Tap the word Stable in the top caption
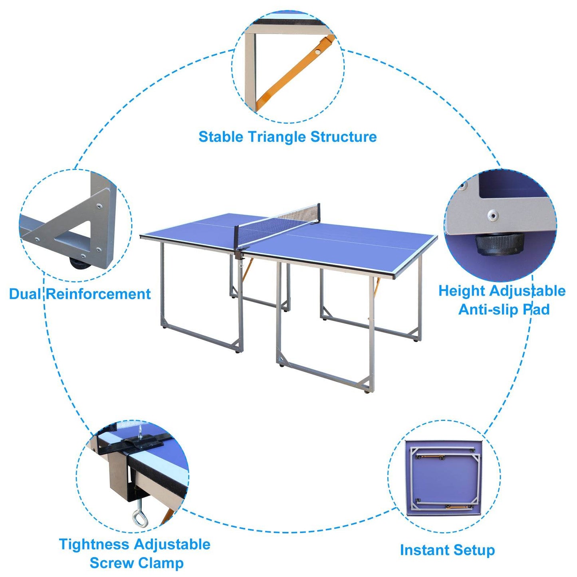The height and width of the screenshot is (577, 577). click(x=221, y=137)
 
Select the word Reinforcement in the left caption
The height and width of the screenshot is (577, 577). click(x=99, y=294)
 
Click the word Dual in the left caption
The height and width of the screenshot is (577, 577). click(x=25, y=294)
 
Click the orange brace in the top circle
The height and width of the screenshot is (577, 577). click(x=293, y=74)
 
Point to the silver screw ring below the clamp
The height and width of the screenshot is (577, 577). click(x=140, y=518)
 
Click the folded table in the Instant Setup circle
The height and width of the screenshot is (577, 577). click(x=444, y=477)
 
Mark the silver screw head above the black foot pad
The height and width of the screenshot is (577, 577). click(x=494, y=216)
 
